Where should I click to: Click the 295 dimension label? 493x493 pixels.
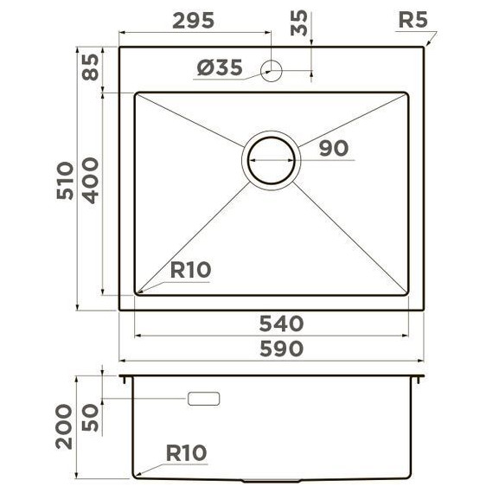coord(194,21)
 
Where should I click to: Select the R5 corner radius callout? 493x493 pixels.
coord(413,20)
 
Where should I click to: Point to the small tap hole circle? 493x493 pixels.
coord(272,70)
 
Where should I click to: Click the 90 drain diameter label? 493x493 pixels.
coord(333,148)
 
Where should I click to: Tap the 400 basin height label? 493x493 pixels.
coord(91,180)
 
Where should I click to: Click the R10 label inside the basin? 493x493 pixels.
coord(189,270)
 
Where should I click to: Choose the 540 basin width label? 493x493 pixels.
coord(281,324)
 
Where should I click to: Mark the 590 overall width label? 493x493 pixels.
coord(281,349)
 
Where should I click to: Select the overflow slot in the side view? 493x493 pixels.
coord(203,398)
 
